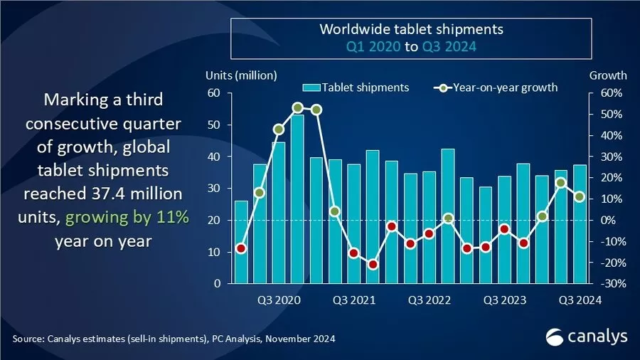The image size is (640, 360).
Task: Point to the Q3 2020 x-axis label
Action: pyautogui.click(x=277, y=300)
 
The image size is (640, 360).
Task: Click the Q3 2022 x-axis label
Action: pyautogui.click(x=430, y=300)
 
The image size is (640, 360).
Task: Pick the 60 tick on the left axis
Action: pyautogui.click(x=213, y=93)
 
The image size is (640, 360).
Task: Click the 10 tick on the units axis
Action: pyautogui.click(x=213, y=252)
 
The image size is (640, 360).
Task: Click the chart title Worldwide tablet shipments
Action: pyautogui.click(x=411, y=30)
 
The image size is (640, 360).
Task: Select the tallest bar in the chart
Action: pyautogui.click(x=297, y=198)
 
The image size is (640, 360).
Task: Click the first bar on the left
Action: pyautogui.click(x=241, y=242)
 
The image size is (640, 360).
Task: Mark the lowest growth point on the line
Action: pyautogui.click(x=373, y=265)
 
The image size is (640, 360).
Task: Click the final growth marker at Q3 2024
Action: pyautogui.click(x=580, y=197)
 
